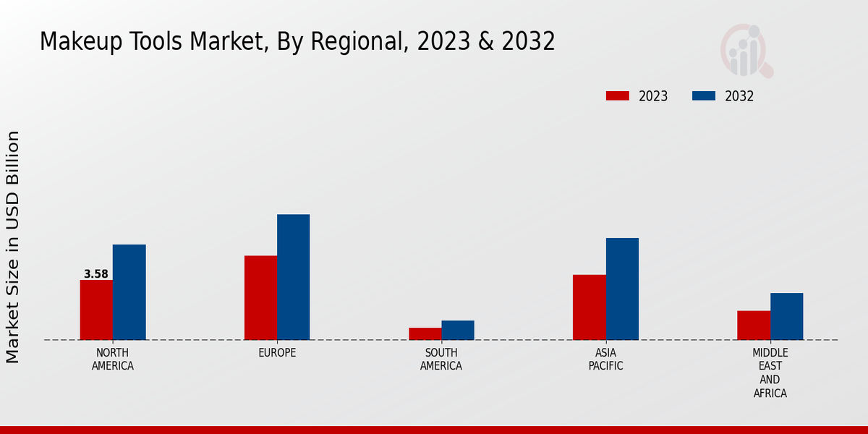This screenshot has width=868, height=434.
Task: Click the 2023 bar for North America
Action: click(96, 310)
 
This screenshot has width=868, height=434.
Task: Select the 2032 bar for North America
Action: click(129, 292)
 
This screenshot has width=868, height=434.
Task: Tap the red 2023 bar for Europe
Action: click(260, 297)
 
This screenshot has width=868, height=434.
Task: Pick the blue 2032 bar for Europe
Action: click(293, 277)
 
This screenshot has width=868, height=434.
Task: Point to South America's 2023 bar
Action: click(425, 333)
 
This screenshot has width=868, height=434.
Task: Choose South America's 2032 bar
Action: click(458, 330)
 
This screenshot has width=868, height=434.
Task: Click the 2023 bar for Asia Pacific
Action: click(589, 307)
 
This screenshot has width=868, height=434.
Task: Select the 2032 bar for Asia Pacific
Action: click(622, 289)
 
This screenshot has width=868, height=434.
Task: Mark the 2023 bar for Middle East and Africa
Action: click(754, 325)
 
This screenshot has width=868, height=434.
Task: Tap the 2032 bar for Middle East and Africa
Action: click(786, 316)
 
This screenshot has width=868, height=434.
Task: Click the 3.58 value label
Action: click(96, 274)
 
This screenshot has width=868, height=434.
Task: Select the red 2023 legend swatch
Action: click(618, 96)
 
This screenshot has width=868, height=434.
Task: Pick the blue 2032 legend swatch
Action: click(704, 96)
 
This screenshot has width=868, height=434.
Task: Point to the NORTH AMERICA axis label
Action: click(113, 359)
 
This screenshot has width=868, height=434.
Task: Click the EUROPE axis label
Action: click(277, 353)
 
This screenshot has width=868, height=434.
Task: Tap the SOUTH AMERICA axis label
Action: click(441, 359)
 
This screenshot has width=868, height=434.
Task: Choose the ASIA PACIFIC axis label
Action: click(605, 359)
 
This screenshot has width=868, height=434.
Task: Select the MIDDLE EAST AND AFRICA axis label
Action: click(770, 373)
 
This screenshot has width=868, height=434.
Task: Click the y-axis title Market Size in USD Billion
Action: click(13, 247)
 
